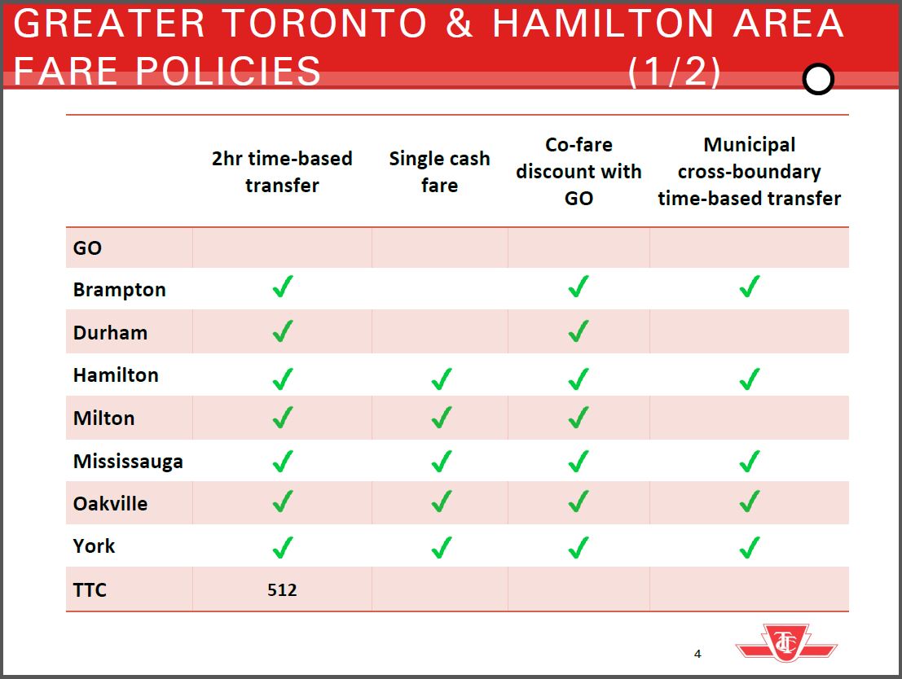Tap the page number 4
pyautogui.click(x=697, y=654)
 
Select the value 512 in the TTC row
pyautogui.click(x=282, y=590)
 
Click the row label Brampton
pyautogui.click(x=119, y=290)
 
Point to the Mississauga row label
pyautogui.click(x=128, y=461)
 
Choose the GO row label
pyautogui.click(x=87, y=248)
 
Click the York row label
pyautogui.click(x=94, y=545)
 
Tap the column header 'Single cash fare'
pyautogui.click(x=439, y=172)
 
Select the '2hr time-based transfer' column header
pyautogui.click(x=282, y=172)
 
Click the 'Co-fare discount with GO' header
pyautogui.click(x=579, y=171)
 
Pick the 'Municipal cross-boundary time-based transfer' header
pyautogui.click(x=750, y=171)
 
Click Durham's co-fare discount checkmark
pyautogui.click(x=579, y=331)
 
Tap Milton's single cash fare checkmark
pyautogui.click(x=441, y=418)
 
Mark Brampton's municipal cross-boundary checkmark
pyautogui.click(x=750, y=286)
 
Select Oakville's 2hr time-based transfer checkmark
pyautogui.click(x=283, y=502)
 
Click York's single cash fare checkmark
pyautogui.click(x=441, y=547)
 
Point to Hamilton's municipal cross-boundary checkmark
pyautogui.click(x=750, y=379)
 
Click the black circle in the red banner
pyautogui.click(x=818, y=79)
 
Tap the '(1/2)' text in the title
pyautogui.click(x=674, y=72)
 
